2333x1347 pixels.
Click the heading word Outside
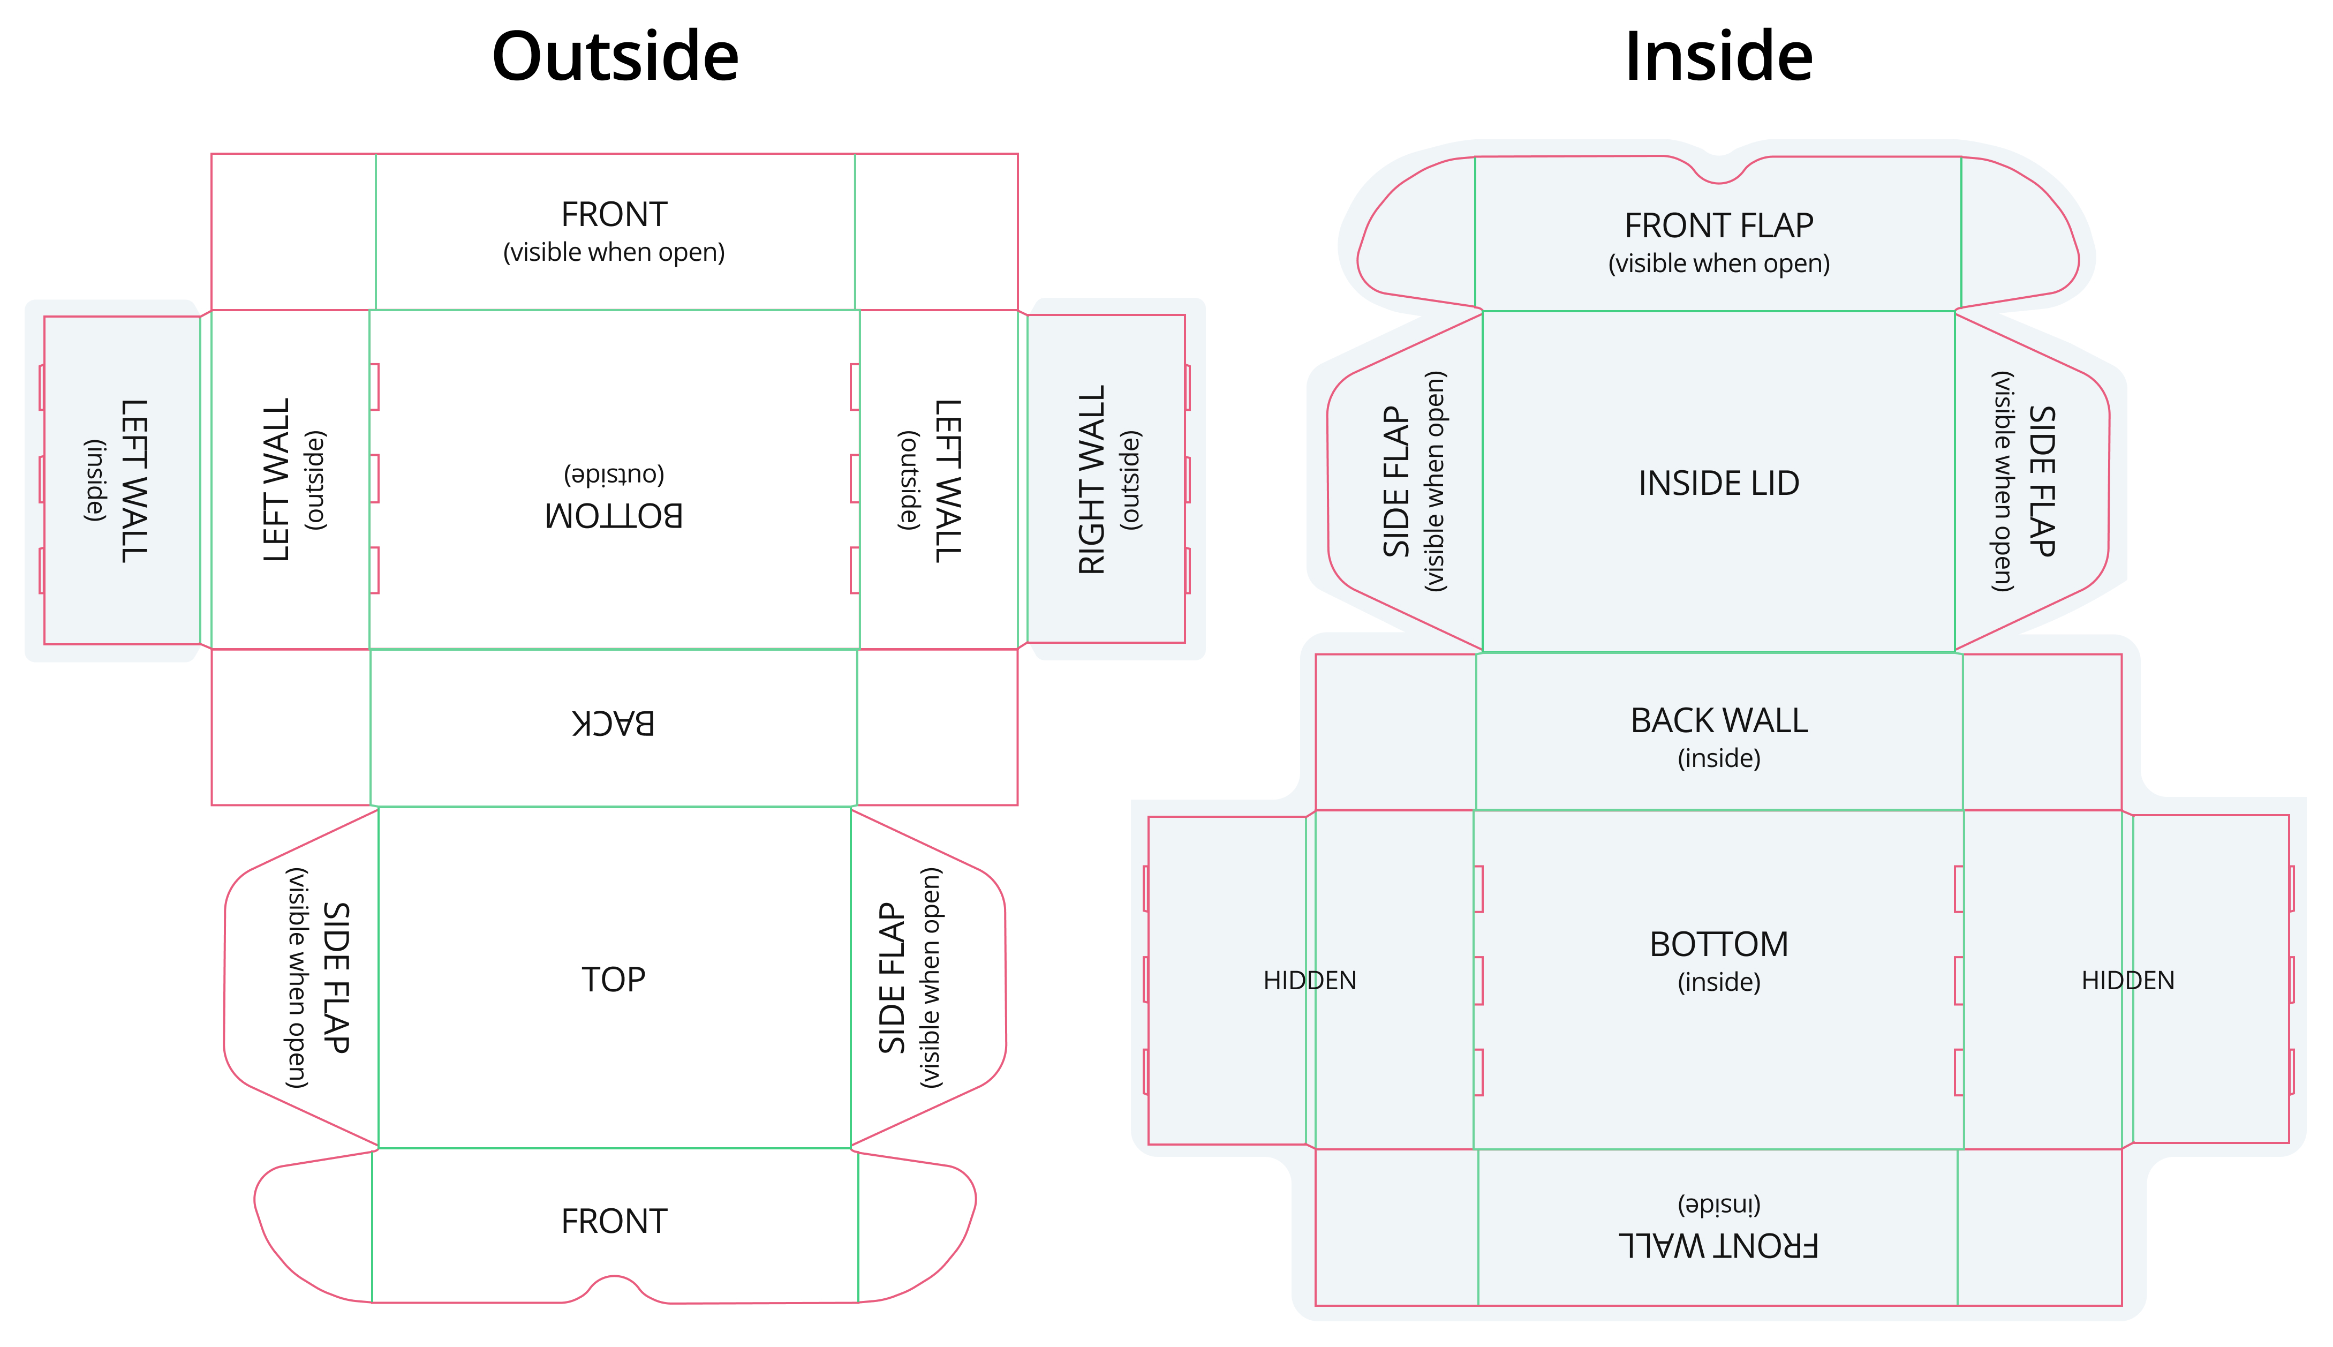point(615,56)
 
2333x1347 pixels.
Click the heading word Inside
point(1718,56)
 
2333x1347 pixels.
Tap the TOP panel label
point(613,979)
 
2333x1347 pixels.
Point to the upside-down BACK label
point(613,723)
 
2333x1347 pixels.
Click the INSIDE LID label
point(1718,483)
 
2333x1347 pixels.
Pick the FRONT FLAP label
point(1718,225)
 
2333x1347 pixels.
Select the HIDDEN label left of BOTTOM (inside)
point(1309,981)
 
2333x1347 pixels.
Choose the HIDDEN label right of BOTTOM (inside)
point(2128,981)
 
